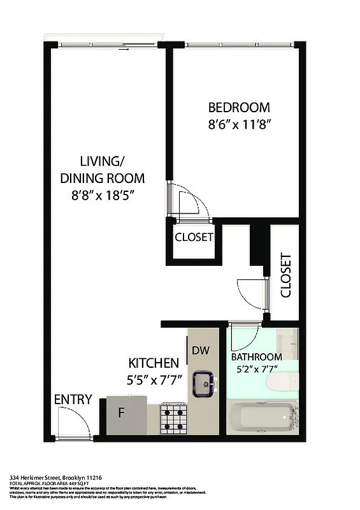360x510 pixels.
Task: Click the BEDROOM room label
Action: coord(239,108)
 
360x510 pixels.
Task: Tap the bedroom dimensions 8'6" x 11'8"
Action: coord(239,125)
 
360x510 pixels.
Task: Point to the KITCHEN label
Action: coord(154,363)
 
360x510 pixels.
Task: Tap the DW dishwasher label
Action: coord(200,350)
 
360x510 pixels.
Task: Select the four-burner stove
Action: coord(173,418)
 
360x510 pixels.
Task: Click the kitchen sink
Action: coord(204,382)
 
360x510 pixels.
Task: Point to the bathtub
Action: coord(261,418)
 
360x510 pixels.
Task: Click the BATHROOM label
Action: coord(256,357)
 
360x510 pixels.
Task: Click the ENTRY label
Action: coord(73,400)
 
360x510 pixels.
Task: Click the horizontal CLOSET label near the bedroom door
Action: coord(194,238)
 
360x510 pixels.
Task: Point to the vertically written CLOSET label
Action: coord(285,275)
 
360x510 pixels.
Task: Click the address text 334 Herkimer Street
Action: coord(56,477)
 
